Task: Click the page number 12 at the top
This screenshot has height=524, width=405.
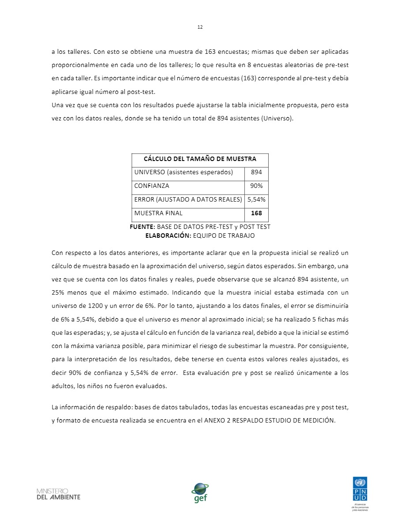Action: click(200, 27)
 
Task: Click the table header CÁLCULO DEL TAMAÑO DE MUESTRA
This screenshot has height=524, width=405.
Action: click(200, 159)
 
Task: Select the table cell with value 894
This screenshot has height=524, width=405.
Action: click(256, 172)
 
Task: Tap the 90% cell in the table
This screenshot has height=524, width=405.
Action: click(256, 186)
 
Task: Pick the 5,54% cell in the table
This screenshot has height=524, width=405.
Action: click(256, 200)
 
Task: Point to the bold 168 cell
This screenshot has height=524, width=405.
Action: click(256, 213)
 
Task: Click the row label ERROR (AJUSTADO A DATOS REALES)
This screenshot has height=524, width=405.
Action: click(188, 200)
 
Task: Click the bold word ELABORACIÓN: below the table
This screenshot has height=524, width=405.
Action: click(168, 236)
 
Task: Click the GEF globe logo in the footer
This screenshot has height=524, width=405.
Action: click(200, 492)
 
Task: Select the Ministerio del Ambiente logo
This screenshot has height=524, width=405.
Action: click(58, 494)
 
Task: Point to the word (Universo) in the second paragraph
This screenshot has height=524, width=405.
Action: click(277, 119)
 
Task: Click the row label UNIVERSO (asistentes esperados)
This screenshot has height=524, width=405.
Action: click(183, 172)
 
